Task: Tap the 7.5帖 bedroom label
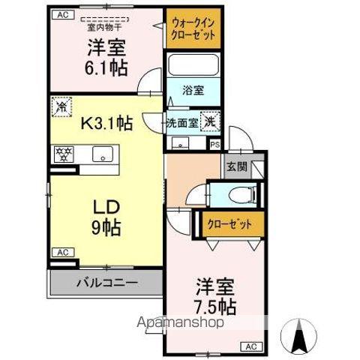click(216, 297)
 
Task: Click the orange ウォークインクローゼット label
click(193, 28)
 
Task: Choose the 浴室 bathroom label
click(193, 91)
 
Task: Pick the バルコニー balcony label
click(106, 283)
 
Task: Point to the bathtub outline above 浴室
click(193, 65)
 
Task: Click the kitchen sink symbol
click(100, 155)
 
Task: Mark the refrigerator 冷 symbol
click(60, 107)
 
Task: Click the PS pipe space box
click(215, 146)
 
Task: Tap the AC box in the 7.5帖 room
click(250, 346)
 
